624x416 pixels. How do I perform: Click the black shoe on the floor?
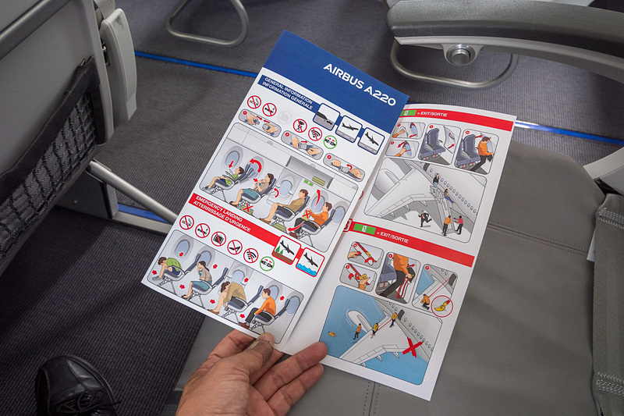coord(74,386)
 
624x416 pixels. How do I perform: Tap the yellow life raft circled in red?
coord(442,308)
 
